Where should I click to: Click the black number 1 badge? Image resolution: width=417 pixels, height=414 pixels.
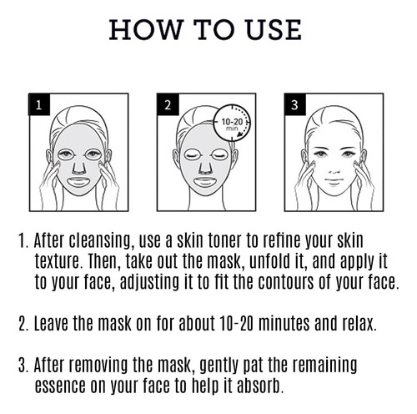(x=39, y=104)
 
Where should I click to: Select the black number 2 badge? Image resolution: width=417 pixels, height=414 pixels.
(x=168, y=104)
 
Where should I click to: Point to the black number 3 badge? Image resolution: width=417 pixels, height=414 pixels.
(x=294, y=104)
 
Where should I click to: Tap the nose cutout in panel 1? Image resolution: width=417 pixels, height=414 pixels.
(x=78, y=167)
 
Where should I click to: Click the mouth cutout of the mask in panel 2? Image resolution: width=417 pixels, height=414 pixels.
(x=206, y=183)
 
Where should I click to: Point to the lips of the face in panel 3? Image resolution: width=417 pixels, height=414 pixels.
(x=334, y=180)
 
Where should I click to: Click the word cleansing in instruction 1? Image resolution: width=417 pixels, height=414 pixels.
(x=100, y=241)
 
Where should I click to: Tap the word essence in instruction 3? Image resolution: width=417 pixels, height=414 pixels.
(x=60, y=386)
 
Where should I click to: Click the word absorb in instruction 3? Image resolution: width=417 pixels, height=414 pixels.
(x=259, y=386)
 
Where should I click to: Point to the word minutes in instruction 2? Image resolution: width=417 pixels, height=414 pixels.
(x=284, y=323)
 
